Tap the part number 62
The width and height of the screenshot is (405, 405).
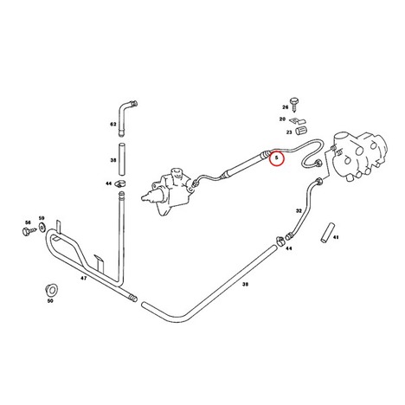[112, 125]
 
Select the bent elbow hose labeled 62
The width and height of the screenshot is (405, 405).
[126, 118]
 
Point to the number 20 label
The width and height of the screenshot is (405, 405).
[282, 119]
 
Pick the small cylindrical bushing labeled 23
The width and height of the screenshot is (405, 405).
[301, 131]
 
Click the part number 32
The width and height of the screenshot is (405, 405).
[299, 211]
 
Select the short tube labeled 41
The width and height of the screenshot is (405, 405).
[327, 232]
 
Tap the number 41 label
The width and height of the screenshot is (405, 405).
[336, 237]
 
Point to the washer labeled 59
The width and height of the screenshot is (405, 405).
[42, 228]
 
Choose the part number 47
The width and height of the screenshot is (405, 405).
[83, 279]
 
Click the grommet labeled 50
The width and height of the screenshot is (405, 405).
[52, 290]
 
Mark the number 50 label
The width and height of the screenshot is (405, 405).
[50, 301]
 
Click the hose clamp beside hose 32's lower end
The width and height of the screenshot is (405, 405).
[280, 241]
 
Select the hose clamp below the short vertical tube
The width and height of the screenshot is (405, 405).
[121, 183]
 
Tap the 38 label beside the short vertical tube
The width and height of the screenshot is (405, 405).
[113, 160]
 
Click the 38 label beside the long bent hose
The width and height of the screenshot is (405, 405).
[245, 284]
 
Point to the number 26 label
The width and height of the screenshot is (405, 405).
[285, 107]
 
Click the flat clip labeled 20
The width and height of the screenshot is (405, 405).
[298, 121]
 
